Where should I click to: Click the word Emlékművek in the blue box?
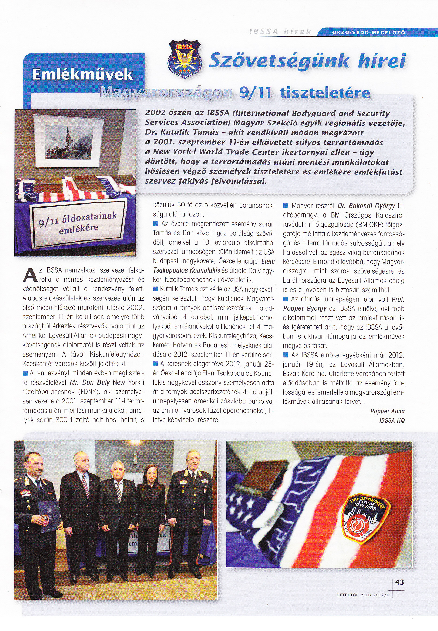pos(82,74)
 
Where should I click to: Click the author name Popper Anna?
pos(387,411)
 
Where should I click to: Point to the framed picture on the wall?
pos(68,140)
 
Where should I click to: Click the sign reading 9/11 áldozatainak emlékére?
pos(79,223)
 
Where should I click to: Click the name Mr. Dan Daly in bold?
pos(90,382)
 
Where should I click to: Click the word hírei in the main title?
pos(382,61)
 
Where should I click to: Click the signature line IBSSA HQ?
pos(392,420)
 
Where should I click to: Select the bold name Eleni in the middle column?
pos(268,262)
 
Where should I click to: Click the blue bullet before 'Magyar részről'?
pos(286,206)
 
